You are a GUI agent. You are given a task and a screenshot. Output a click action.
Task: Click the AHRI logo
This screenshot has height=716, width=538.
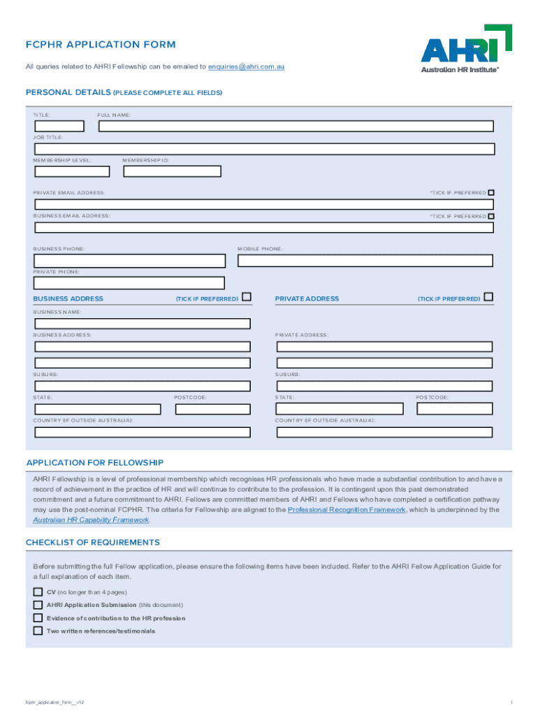click(465, 49)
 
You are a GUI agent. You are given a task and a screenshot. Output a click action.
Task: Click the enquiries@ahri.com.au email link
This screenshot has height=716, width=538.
click(246, 67)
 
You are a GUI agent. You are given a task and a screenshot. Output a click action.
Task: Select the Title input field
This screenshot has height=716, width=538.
click(59, 127)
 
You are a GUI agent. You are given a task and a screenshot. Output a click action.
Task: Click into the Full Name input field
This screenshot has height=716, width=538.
click(296, 127)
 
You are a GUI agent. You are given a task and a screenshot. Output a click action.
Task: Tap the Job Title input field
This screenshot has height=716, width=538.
click(265, 149)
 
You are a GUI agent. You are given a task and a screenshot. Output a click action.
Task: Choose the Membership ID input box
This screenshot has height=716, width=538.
click(172, 171)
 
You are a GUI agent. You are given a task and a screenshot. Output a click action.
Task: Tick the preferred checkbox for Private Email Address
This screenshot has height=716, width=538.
click(491, 192)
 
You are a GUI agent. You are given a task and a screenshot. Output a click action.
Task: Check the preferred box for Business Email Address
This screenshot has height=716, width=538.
click(491, 216)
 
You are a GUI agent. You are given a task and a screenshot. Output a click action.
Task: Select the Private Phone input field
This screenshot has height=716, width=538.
click(130, 283)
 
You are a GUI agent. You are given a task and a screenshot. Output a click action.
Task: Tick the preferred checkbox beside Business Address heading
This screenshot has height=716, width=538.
click(246, 297)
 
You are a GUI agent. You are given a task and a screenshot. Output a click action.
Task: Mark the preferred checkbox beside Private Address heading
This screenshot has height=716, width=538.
click(488, 297)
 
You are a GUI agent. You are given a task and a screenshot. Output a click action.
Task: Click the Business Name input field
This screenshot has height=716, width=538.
click(143, 324)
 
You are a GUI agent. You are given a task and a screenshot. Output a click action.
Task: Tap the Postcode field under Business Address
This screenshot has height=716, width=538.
click(212, 409)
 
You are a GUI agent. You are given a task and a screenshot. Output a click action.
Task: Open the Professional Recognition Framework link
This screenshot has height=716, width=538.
click(347, 510)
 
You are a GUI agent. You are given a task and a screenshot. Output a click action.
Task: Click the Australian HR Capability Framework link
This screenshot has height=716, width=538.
click(91, 520)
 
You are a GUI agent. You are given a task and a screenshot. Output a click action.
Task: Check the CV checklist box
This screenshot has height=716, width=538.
click(38, 592)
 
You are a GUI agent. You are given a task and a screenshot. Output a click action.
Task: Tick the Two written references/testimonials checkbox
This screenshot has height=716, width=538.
click(38, 631)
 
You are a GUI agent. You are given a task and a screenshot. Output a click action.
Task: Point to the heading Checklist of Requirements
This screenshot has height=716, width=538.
click(93, 543)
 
